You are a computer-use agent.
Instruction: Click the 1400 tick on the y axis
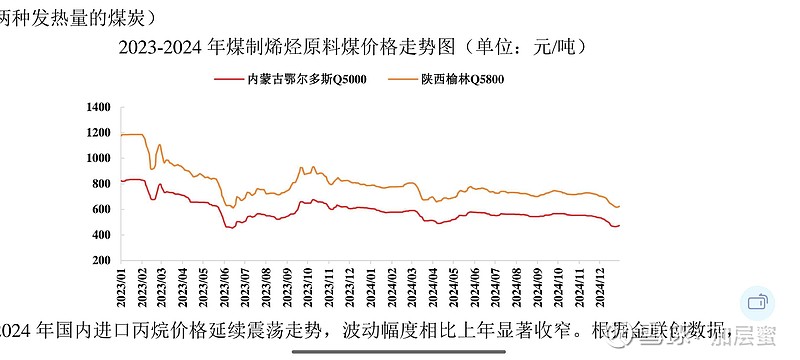pyautogui.click(x=98, y=106)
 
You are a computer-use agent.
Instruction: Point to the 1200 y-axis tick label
pyautogui.click(x=98, y=132)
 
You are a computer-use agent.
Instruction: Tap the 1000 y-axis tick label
pyautogui.click(x=98, y=158)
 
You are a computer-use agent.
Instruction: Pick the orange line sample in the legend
pyautogui.click(x=394, y=79)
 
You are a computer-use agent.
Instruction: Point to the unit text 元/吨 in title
pyautogui.click(x=551, y=47)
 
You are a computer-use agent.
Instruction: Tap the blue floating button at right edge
pyautogui.click(x=757, y=302)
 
